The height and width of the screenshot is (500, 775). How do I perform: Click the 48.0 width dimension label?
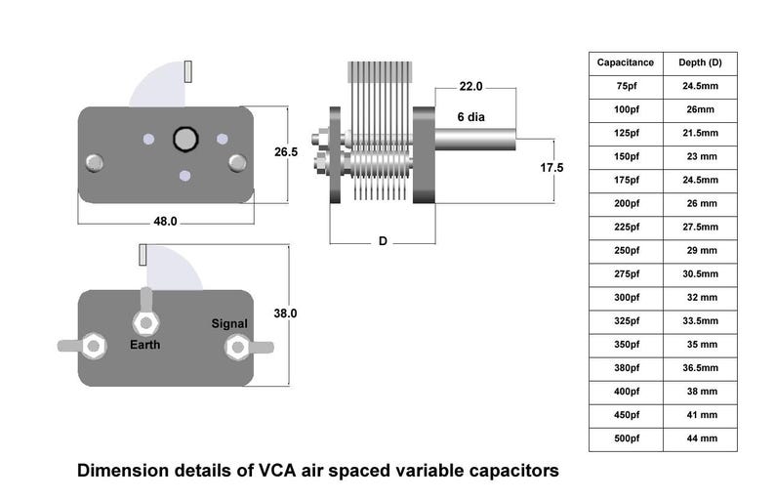coord(165,222)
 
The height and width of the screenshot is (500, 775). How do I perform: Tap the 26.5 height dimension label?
coord(286,152)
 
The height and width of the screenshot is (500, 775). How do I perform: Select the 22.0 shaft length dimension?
coord(470,87)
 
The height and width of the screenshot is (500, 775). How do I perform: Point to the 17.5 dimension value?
coord(552,168)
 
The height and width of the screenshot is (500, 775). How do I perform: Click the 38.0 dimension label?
coord(286,313)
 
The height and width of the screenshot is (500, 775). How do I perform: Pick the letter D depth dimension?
coord(383,241)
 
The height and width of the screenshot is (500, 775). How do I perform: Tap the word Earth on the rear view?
coord(145,345)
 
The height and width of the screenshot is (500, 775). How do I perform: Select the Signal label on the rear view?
coord(230,323)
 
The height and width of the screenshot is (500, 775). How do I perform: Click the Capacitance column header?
coord(626,62)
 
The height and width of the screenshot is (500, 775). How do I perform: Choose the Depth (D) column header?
coord(700,62)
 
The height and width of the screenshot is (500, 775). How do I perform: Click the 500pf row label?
coord(626,438)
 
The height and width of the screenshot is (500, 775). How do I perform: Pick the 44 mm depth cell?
coord(700,438)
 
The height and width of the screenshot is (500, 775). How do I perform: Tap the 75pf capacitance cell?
coord(626,86)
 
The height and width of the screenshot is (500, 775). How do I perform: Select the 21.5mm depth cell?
coord(700,133)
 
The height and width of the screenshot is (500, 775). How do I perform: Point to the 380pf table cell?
coord(626,368)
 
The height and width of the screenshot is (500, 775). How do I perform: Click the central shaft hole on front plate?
coord(184,140)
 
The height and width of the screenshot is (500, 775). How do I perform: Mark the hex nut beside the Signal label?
coord(235,347)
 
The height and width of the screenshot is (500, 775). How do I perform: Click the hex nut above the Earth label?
coord(145,321)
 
